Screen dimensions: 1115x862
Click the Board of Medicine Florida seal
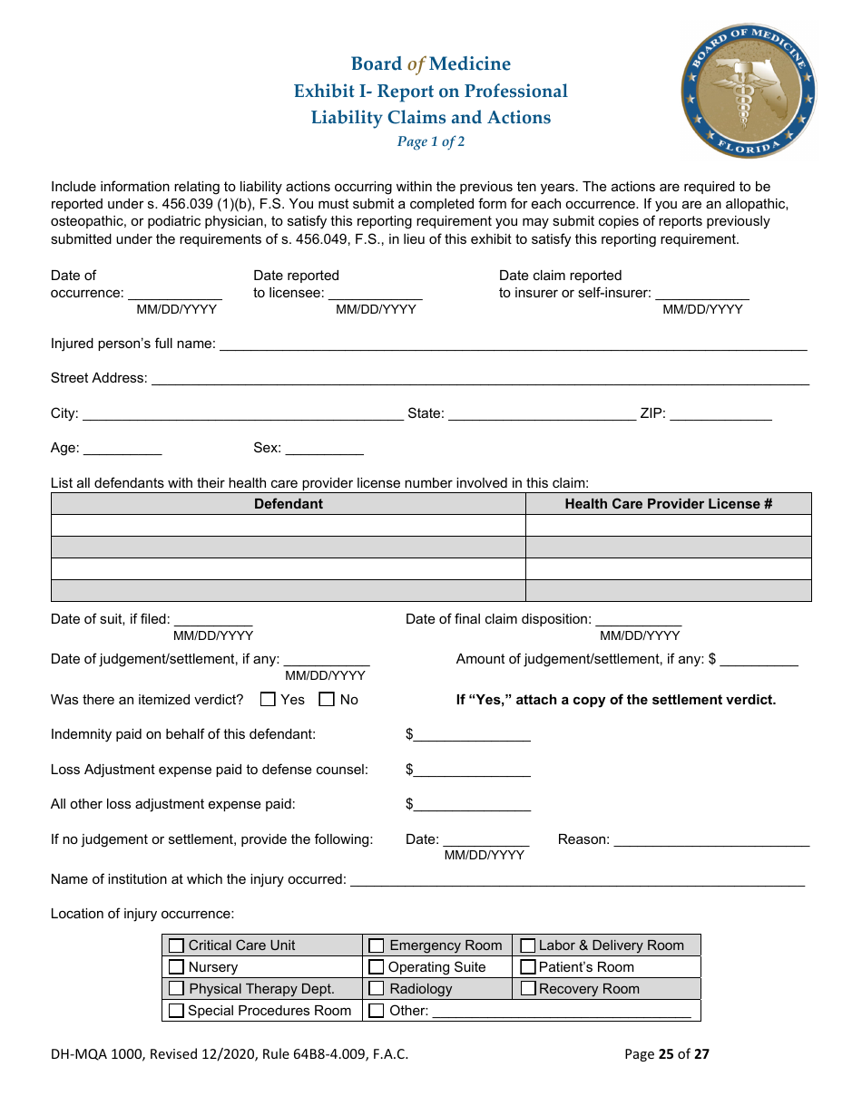pos(749,91)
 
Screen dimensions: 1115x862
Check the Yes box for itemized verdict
pos(268,700)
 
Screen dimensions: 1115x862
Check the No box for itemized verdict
pos(327,700)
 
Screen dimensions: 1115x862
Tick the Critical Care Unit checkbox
pos(176,945)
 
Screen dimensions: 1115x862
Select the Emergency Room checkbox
pos(377,945)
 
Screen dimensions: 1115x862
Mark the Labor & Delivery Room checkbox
pos(528,945)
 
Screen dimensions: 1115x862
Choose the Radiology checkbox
pos(377,989)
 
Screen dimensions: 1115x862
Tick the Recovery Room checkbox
pos(528,989)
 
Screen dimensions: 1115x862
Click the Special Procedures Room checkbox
pos(176,1011)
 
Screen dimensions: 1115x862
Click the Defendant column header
pos(288,504)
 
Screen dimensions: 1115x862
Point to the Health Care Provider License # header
pos(668,504)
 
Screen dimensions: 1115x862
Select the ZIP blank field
pos(720,413)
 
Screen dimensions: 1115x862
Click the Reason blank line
pos(711,839)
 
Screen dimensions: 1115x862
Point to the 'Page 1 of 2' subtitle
pos(431,141)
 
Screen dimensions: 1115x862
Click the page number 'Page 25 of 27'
pos(667,1053)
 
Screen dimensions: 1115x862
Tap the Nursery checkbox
pos(176,967)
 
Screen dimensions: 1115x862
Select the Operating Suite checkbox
pos(377,967)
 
